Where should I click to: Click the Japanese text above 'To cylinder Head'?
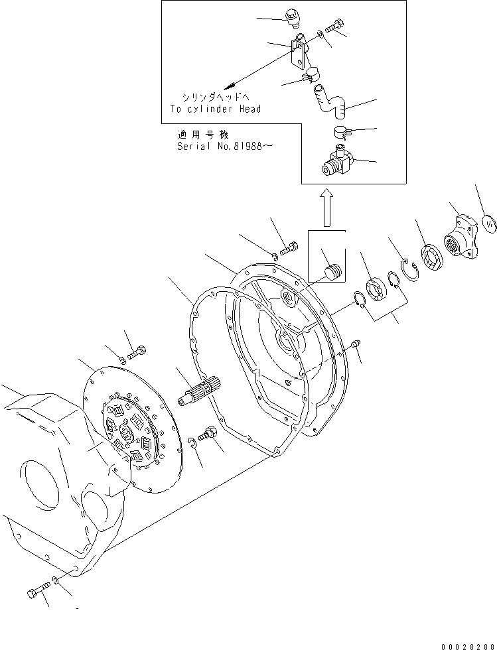pos(210,97)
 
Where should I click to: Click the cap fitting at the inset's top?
pos(292,17)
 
